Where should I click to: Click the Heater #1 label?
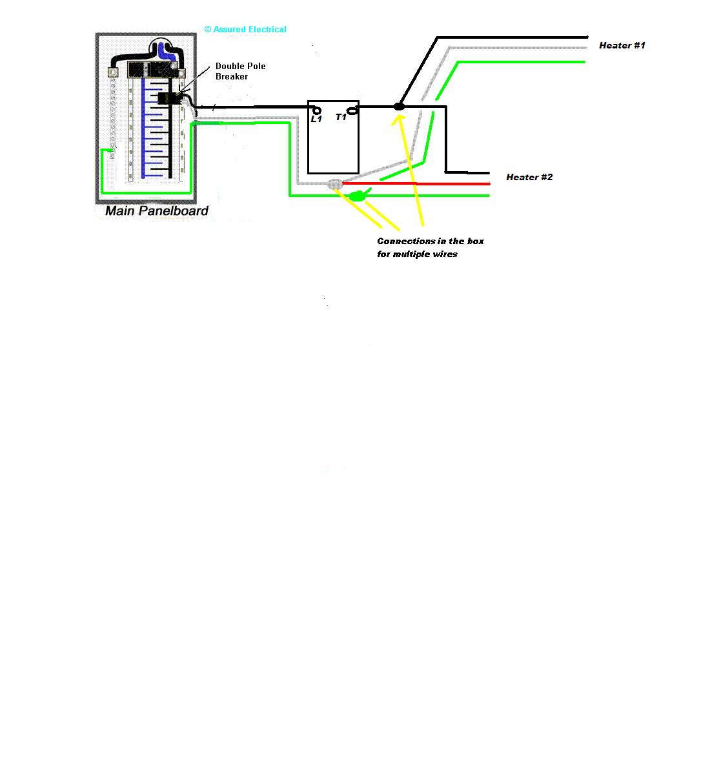coord(622,45)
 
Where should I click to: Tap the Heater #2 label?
coord(529,177)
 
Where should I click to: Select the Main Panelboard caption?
coord(156,211)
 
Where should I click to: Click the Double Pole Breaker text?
coord(240,71)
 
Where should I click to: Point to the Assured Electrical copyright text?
coord(245,29)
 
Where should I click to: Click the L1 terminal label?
coord(316,119)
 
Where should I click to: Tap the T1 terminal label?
coord(341,117)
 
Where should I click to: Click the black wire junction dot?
coord(399,107)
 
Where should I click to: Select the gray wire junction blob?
coord(335,184)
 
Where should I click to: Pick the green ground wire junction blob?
coord(358,196)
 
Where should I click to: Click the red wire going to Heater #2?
coord(416,183)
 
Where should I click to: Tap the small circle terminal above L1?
coord(317,110)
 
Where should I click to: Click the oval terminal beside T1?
coord(352,111)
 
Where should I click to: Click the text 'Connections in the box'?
coord(431,241)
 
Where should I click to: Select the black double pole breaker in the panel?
coord(170,98)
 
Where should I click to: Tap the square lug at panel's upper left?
coord(113,72)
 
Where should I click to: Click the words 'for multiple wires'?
coord(417,254)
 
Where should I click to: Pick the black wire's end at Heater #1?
coord(587,37)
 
